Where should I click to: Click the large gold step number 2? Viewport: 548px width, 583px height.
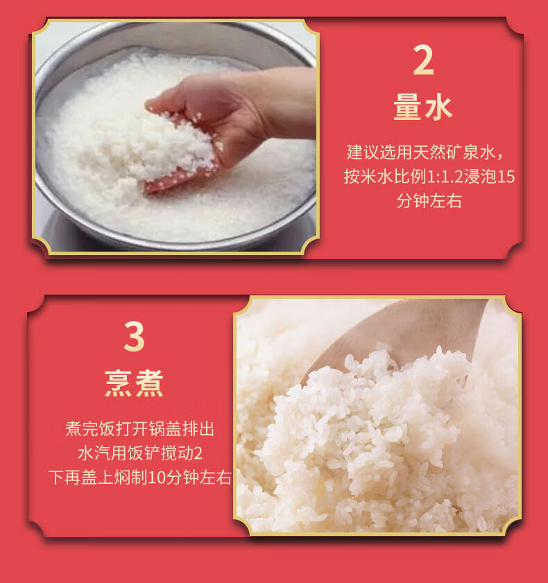pos(423,60)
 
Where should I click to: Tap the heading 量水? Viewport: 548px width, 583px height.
pos(423,107)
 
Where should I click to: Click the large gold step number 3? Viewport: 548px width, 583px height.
pos(134,336)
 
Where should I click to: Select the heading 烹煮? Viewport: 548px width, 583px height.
pos(134,383)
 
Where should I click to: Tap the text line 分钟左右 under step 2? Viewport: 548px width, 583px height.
pos(429,201)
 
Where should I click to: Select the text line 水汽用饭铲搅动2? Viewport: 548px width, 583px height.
pos(140,453)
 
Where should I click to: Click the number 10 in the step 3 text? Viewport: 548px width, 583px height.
pos(157,478)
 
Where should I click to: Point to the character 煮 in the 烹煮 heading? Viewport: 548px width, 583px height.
pos(149,383)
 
